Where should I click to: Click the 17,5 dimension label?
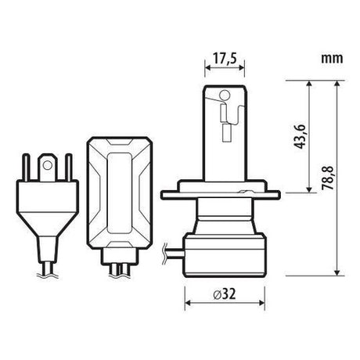pos(225,59)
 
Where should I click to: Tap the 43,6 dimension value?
pos(300,137)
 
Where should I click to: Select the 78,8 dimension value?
pos(328,178)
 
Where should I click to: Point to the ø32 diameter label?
pos(225,294)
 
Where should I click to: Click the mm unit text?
pos(332,59)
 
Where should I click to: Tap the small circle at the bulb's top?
pos(225,95)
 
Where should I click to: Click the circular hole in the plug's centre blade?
pos(48,165)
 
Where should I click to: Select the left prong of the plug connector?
pos(26,167)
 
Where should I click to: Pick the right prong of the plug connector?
pos(69,167)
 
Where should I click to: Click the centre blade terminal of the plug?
pos(48,167)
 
